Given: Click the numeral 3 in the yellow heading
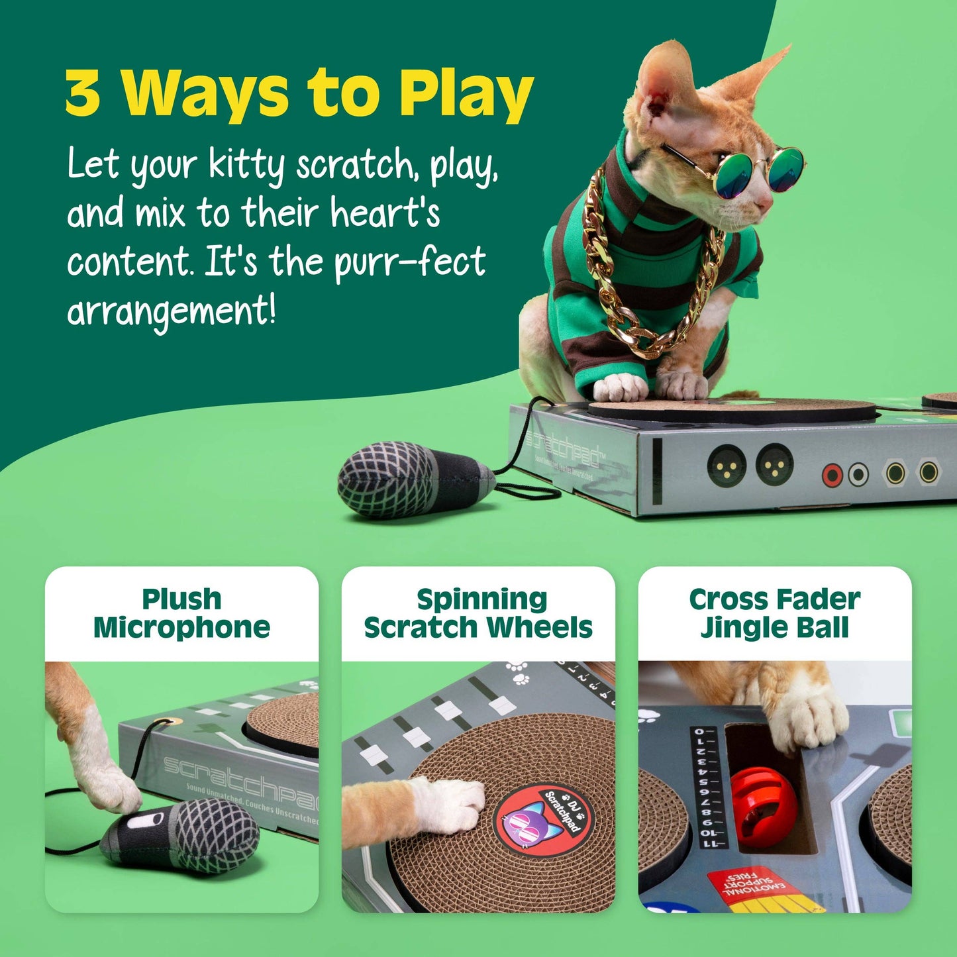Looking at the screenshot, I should point(83,93).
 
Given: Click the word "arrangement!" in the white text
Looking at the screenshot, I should point(171,311).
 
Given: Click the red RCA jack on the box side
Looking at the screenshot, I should point(832,474).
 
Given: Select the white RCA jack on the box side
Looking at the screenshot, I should point(858,474).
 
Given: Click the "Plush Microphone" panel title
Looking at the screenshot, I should point(181,613).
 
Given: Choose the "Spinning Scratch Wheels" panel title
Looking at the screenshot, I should point(478,613).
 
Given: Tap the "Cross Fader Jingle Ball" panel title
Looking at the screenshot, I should point(774,613).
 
